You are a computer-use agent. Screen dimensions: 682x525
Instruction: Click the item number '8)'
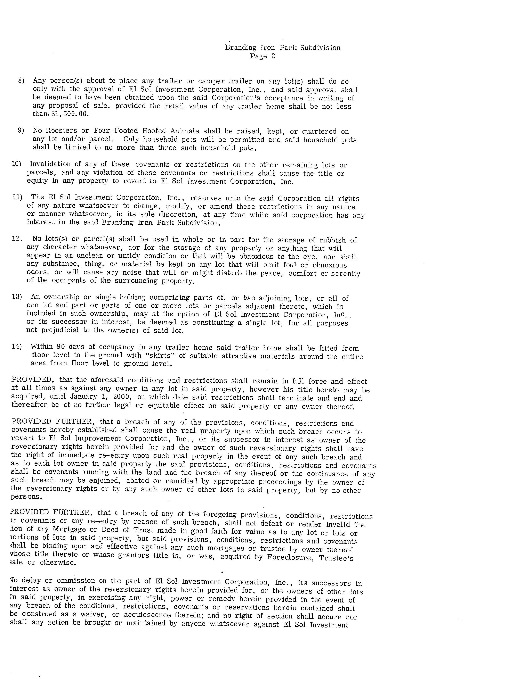tap(21, 81)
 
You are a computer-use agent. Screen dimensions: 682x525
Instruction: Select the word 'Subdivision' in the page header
tap(320, 48)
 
